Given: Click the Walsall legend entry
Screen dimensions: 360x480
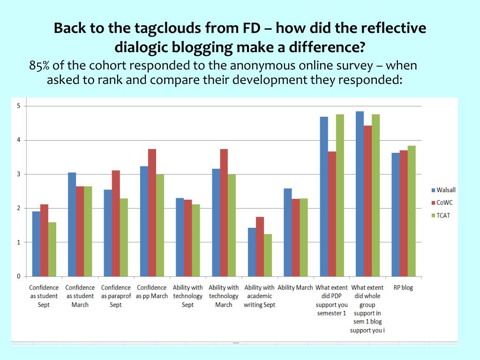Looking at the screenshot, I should point(443,190).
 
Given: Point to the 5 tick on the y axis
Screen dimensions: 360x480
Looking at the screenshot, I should point(19,106).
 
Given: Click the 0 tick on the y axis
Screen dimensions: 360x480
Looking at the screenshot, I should point(19,276).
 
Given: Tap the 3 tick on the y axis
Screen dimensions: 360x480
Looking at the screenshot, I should point(19,174).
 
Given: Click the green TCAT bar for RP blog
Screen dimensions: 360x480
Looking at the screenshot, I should point(412,211).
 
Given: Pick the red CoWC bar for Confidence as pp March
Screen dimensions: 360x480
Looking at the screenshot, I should point(152,213).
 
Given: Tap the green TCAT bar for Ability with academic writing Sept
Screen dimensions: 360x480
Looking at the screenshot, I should point(268,255).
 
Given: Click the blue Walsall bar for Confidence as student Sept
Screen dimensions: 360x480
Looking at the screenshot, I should point(36,244).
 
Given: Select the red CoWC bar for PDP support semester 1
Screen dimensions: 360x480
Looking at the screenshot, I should point(332,214).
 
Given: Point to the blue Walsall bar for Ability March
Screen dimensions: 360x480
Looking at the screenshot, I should point(288,232).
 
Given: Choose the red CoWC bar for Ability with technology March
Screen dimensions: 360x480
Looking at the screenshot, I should point(224,213).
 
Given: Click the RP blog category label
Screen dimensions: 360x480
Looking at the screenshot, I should point(403,288).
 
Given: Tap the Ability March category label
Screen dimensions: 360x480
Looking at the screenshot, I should point(295,288).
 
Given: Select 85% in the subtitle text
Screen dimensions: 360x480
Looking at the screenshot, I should point(40,66).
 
